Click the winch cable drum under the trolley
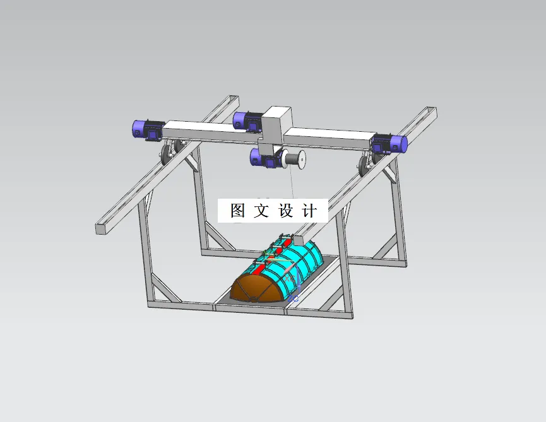coord(295,159)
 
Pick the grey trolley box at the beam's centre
coord(276,127)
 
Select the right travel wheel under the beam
coord(364,165)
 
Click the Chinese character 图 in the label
coord(237,211)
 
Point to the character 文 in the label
coord(261,211)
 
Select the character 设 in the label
coord(285,211)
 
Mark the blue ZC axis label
coord(295,298)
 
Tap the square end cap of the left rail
coord(100,228)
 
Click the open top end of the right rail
coord(431,112)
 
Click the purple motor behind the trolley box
coord(247,120)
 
